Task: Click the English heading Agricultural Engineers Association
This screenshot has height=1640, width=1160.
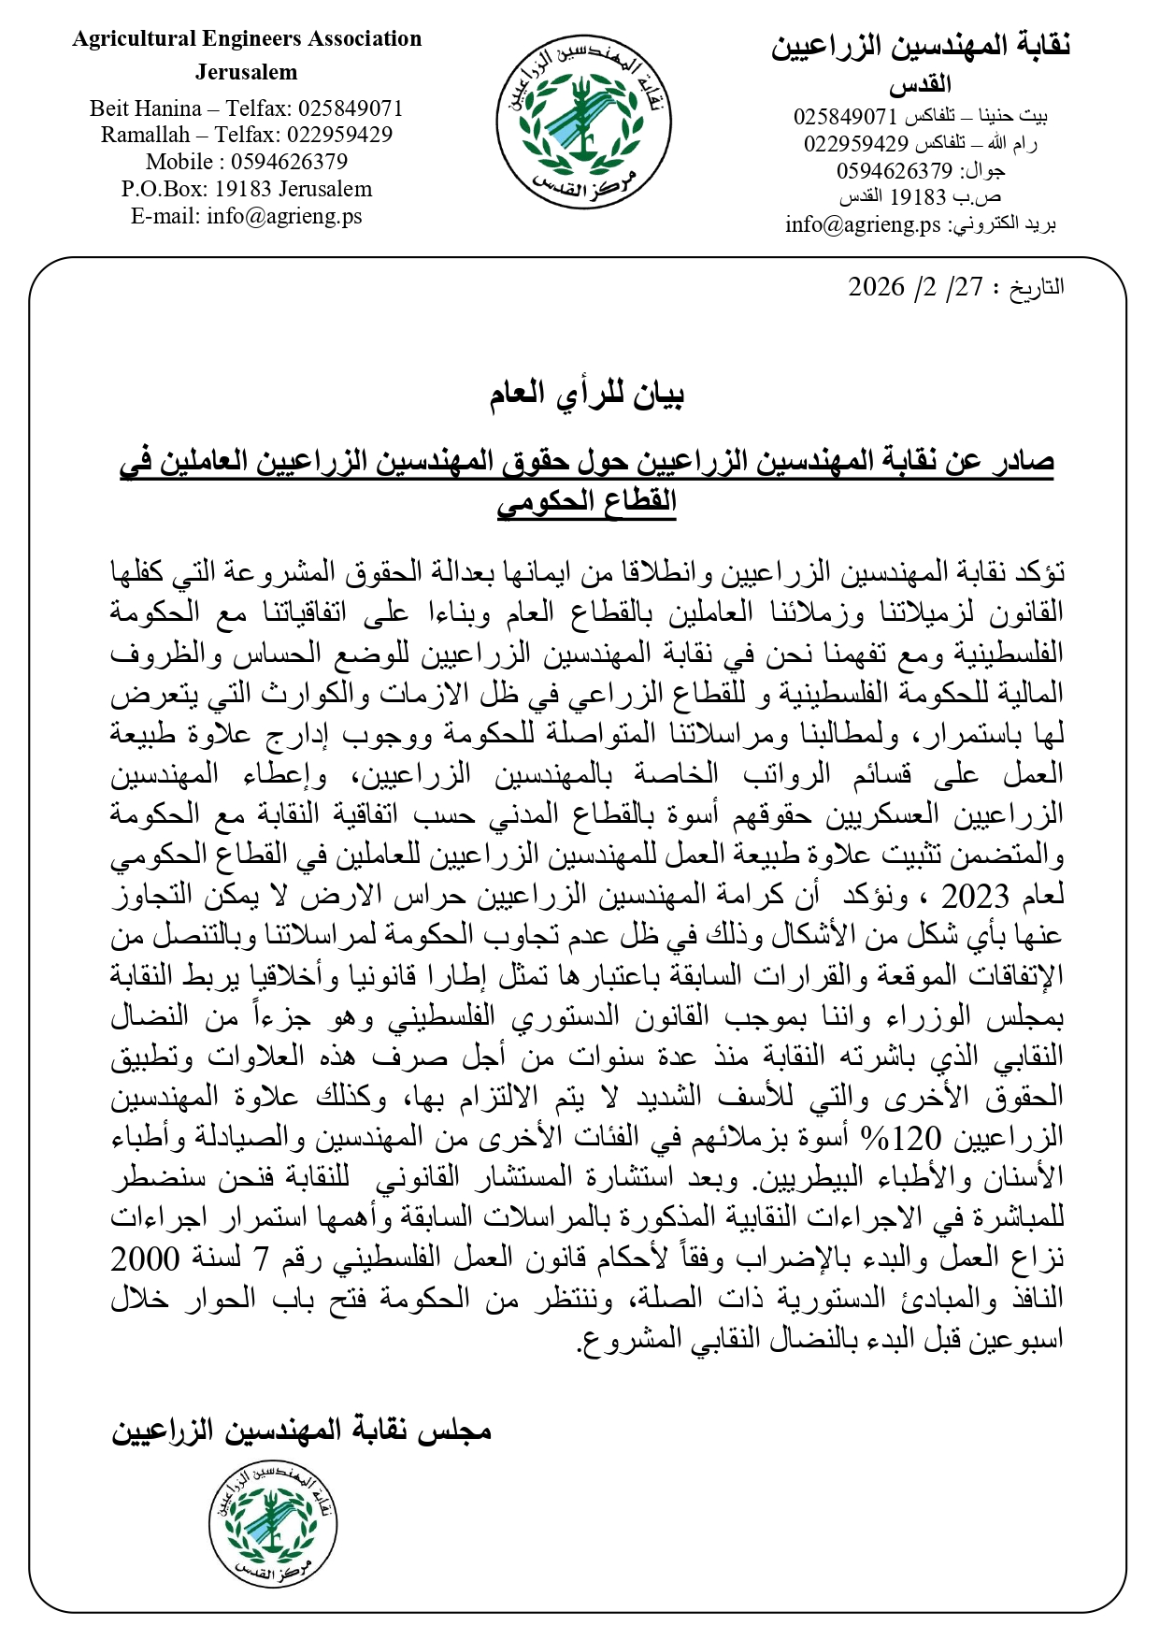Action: click(x=247, y=39)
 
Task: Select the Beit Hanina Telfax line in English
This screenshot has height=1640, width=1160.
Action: click(x=247, y=108)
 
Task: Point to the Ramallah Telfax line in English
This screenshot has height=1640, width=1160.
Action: click(x=247, y=135)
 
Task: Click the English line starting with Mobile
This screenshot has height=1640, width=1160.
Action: click(x=247, y=162)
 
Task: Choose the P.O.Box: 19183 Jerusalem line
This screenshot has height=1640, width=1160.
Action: click(x=247, y=189)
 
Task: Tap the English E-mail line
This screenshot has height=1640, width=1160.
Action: click(x=247, y=216)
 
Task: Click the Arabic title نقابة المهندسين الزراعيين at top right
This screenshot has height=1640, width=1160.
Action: click(x=920, y=47)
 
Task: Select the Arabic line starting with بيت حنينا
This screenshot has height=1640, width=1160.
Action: click(x=920, y=117)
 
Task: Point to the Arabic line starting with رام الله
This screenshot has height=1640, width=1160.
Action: click(x=920, y=144)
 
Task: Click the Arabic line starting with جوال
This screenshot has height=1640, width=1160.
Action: click(x=920, y=171)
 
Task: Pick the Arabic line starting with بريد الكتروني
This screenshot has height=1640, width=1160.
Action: click(x=920, y=225)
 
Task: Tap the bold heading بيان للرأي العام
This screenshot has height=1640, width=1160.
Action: click(x=586, y=395)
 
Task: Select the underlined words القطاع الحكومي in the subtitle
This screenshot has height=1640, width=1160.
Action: click(x=586, y=502)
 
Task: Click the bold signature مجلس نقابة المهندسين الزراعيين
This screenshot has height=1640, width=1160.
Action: click(x=301, y=1431)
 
